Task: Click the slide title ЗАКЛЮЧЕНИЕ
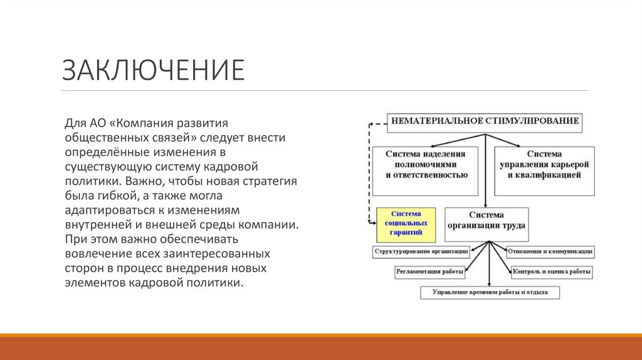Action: pos(153,70)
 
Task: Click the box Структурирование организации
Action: pos(421,251)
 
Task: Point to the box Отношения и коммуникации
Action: pos(550,251)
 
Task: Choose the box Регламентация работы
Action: pos(430,272)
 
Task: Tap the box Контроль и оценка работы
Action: pos(551,272)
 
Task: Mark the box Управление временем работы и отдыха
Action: pos(490,292)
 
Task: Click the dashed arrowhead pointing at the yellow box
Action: pos(371,221)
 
